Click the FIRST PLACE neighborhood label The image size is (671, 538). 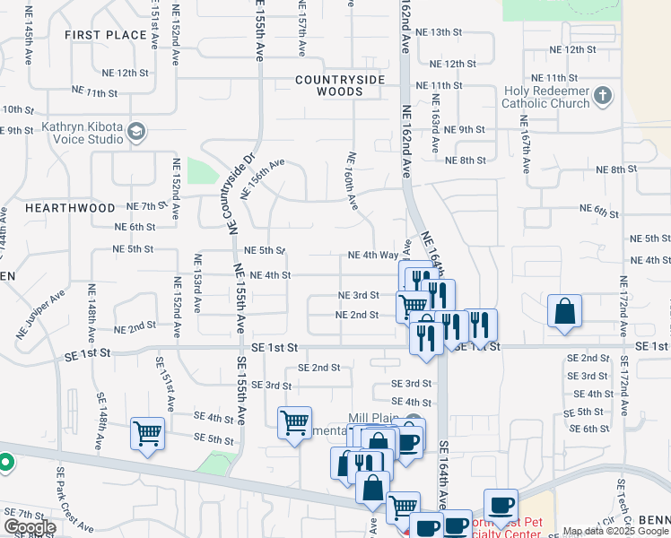coord(105,35)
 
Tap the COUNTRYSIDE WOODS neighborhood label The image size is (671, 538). coord(341,85)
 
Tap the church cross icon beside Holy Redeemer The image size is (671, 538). coord(605,96)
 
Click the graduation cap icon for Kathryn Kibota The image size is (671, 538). coord(136,133)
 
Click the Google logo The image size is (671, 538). coord(29,527)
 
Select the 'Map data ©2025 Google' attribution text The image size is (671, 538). coord(614,532)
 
